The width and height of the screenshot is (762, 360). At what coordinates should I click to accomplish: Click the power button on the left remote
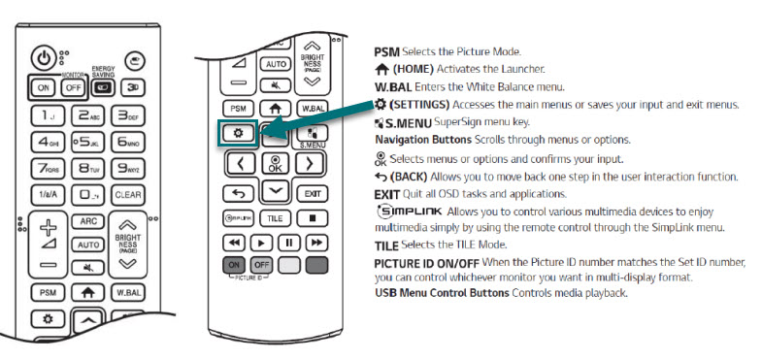(x=44, y=59)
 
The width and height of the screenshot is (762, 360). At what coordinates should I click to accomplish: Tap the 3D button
(x=132, y=88)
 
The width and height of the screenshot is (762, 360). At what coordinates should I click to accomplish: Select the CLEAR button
(x=128, y=195)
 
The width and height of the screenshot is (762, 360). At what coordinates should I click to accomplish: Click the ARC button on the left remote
(x=88, y=221)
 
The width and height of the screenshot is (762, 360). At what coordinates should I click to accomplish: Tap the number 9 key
(x=128, y=169)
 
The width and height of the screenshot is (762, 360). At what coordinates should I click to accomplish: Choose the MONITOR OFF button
(x=73, y=88)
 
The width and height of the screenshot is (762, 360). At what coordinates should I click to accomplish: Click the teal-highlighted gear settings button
(x=238, y=133)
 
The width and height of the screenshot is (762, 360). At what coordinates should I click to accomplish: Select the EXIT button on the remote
(x=313, y=194)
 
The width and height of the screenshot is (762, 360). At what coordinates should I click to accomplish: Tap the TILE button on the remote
(x=275, y=218)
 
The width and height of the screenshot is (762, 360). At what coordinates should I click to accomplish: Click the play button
(x=261, y=243)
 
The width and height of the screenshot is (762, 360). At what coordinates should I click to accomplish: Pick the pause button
(x=289, y=243)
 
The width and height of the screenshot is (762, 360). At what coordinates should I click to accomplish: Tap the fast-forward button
(x=316, y=243)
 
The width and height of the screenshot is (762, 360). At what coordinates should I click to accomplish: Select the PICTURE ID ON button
(x=234, y=265)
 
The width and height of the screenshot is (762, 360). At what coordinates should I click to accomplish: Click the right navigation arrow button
(x=310, y=164)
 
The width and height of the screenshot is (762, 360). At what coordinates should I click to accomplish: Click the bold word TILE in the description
(x=387, y=245)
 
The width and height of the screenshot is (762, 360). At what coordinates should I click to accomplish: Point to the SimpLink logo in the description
(x=410, y=212)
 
